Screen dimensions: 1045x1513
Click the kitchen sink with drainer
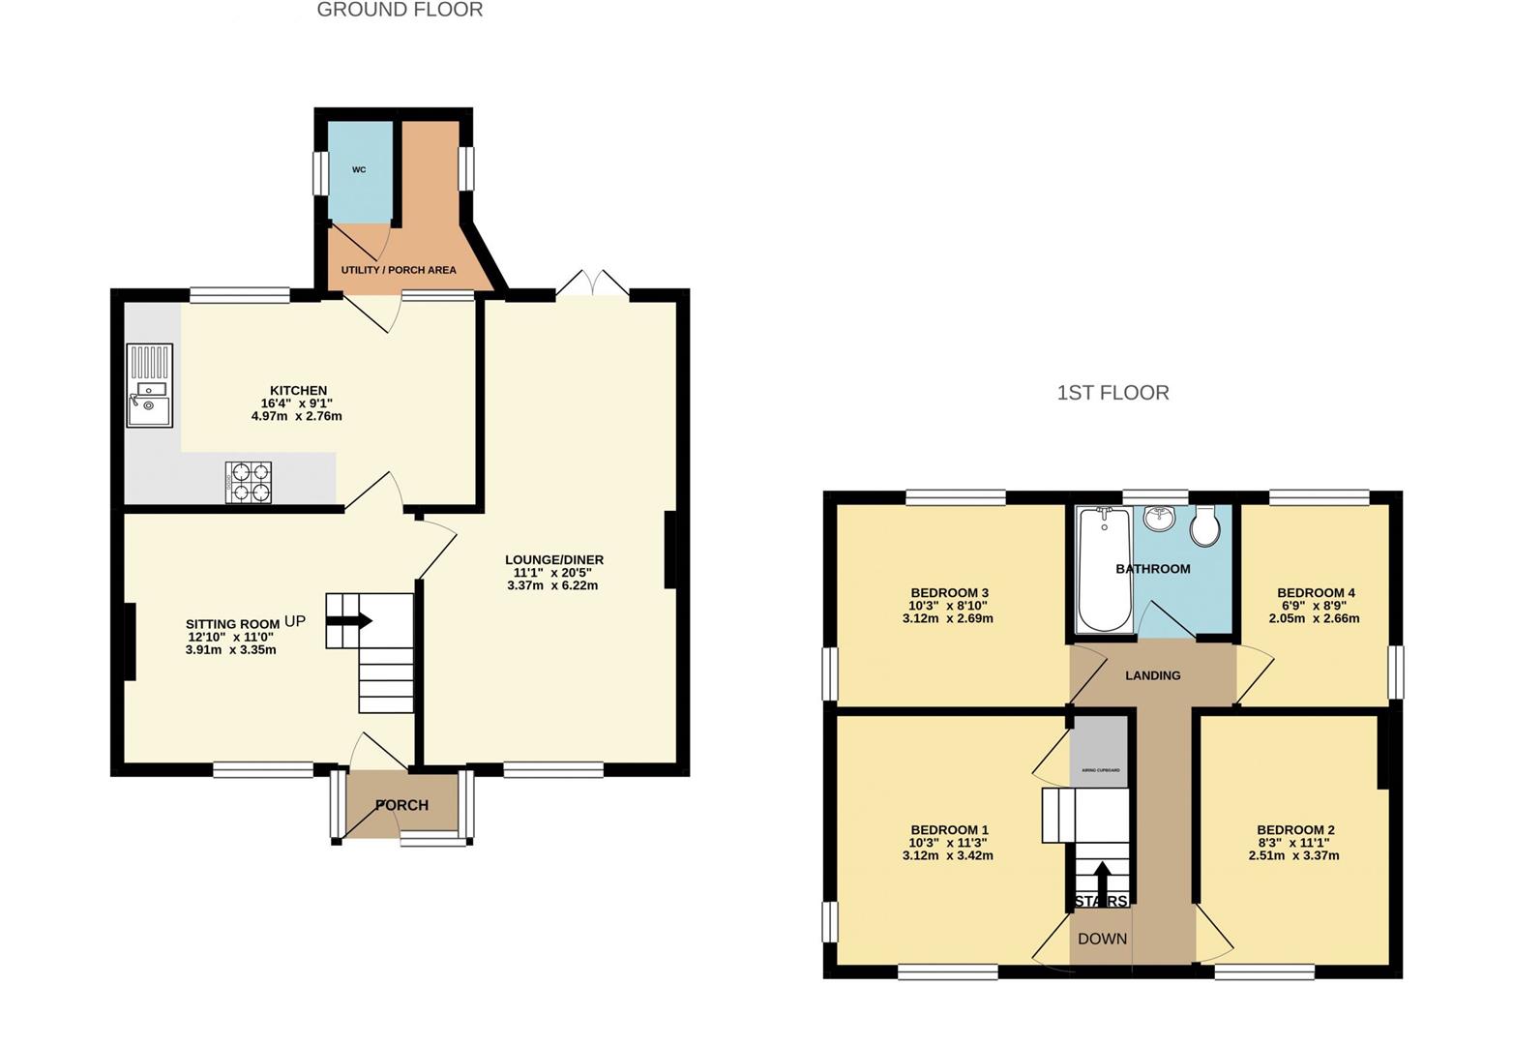point(149,385)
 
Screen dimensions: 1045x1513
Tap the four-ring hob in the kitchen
point(249,482)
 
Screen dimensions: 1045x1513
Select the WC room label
point(359,170)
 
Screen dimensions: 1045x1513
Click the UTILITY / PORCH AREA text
point(399,270)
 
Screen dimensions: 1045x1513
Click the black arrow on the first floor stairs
point(1102,879)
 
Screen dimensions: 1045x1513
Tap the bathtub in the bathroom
point(1104,570)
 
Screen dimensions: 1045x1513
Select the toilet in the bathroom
point(1204,526)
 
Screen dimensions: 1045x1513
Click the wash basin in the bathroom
point(1159,519)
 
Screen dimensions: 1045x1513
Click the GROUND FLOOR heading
point(400,11)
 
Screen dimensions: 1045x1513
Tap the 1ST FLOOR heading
point(1112,393)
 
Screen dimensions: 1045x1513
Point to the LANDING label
point(1152,675)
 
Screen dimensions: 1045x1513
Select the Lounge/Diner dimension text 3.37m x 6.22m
point(552,585)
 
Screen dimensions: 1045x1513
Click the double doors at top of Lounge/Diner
point(592,284)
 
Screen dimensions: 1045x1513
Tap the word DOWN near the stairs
point(1102,939)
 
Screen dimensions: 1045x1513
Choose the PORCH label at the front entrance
point(401,805)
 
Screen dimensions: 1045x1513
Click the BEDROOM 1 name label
point(949,830)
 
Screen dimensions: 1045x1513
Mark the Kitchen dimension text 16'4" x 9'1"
point(298,403)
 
